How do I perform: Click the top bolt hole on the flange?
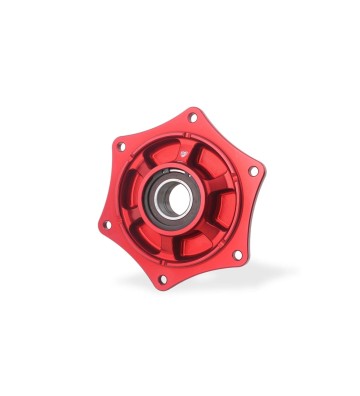(193, 117)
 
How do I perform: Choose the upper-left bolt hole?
(121, 146)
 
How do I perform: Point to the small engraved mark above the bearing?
(185, 153)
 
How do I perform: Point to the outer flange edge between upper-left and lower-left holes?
(111, 187)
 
